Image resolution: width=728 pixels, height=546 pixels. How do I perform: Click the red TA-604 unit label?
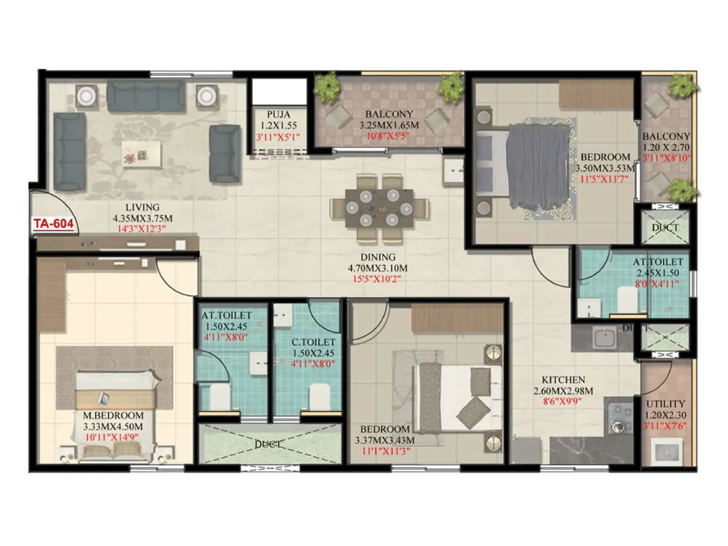point(53,223)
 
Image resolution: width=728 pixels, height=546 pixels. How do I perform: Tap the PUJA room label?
point(278,114)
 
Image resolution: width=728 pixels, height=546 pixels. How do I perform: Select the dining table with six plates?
point(379,208)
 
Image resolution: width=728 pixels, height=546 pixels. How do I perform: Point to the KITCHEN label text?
point(563,379)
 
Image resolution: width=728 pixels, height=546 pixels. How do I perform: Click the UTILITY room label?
point(665,404)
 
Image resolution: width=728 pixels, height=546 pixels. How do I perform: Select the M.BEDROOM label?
point(113,415)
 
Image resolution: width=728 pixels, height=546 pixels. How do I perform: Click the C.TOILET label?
point(313,342)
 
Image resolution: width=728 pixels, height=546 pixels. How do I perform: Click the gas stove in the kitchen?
point(620,417)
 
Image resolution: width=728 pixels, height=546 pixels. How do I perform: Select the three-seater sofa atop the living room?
point(146,96)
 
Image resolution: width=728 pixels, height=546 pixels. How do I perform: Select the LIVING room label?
point(142,207)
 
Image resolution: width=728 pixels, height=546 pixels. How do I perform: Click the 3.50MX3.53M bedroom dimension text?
point(605,168)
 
